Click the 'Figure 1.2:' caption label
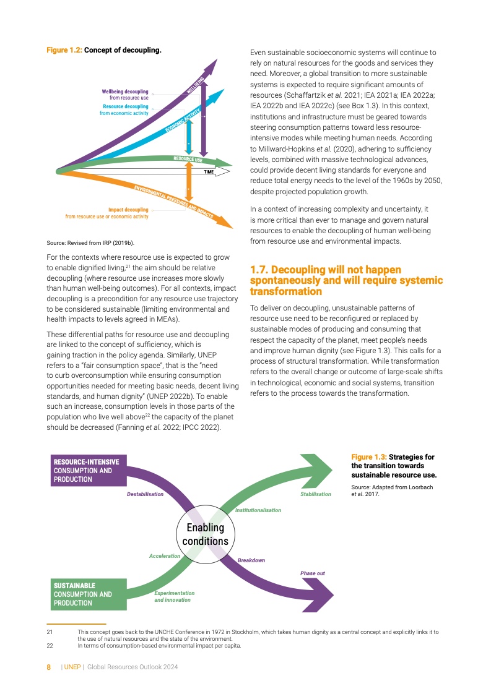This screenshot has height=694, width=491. click(x=64, y=50)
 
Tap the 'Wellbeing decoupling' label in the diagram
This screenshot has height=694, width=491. click(x=125, y=92)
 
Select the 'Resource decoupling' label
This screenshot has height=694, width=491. click(x=126, y=106)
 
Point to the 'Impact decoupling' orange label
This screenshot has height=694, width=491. click(x=128, y=210)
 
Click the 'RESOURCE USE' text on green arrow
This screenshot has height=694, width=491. click(x=188, y=160)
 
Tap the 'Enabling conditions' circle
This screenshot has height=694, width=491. click(x=205, y=534)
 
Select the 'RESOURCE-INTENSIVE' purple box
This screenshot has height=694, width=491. click(x=88, y=470)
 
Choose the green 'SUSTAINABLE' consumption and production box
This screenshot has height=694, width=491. click(x=88, y=594)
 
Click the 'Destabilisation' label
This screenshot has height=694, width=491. click(x=145, y=494)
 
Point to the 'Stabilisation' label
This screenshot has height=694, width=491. click(x=316, y=494)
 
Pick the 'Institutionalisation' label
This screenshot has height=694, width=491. click(x=258, y=510)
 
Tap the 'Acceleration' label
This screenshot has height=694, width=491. click(x=165, y=556)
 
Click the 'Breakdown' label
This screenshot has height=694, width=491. click(x=251, y=560)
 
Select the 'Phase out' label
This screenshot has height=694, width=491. click(x=313, y=573)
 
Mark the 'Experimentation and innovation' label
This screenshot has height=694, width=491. click(x=174, y=596)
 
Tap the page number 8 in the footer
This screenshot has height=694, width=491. click(x=49, y=667)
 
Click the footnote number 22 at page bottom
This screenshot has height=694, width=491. click(x=50, y=646)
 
